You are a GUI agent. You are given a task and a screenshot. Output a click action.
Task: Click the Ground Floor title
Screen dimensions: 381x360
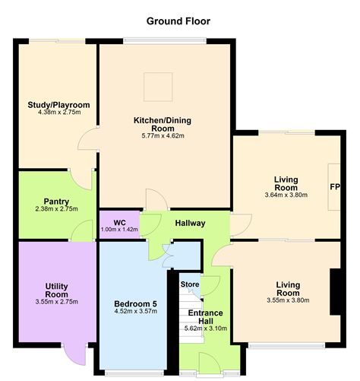point(178,21)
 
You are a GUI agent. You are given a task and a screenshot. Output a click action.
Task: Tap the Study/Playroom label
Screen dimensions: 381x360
point(58,105)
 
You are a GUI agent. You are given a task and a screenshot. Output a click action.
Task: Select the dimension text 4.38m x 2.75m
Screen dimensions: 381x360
point(58,114)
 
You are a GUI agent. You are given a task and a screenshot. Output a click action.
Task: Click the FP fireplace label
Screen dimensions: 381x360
point(333,186)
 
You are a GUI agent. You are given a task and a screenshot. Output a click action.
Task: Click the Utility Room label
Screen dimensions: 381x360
point(57,290)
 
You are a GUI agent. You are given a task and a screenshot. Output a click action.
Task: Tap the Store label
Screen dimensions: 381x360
point(188,284)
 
